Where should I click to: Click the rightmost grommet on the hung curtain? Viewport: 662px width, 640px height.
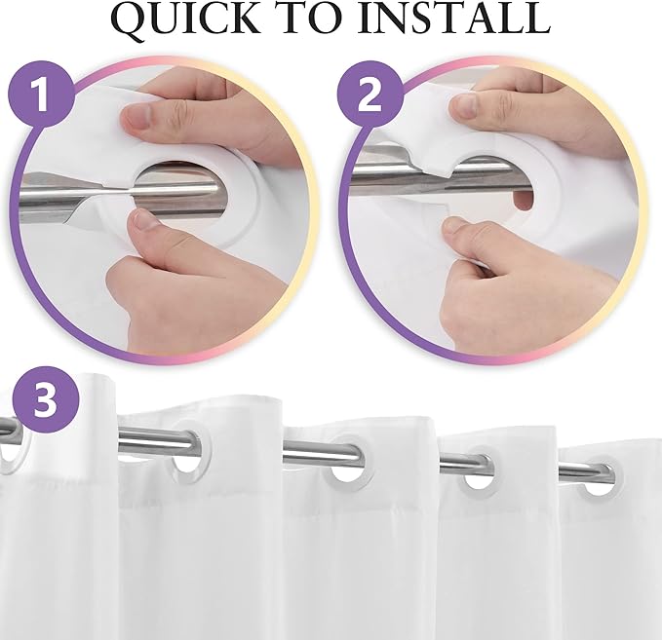[x=592, y=481]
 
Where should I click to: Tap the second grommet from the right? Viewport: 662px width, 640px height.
[x=477, y=472]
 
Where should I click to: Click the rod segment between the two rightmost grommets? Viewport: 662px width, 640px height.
[x=534, y=472]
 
